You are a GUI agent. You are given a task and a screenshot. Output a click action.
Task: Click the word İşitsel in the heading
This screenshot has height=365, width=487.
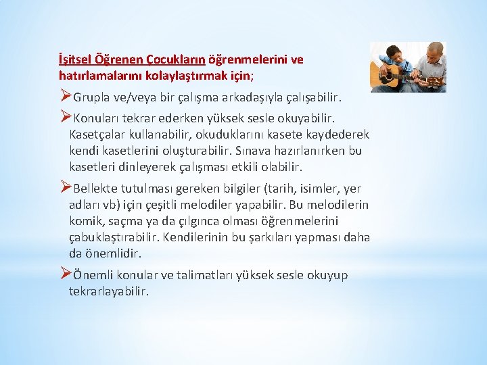[x=74, y=59]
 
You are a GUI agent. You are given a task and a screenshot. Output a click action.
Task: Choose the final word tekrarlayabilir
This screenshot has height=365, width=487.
[x=109, y=291]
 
